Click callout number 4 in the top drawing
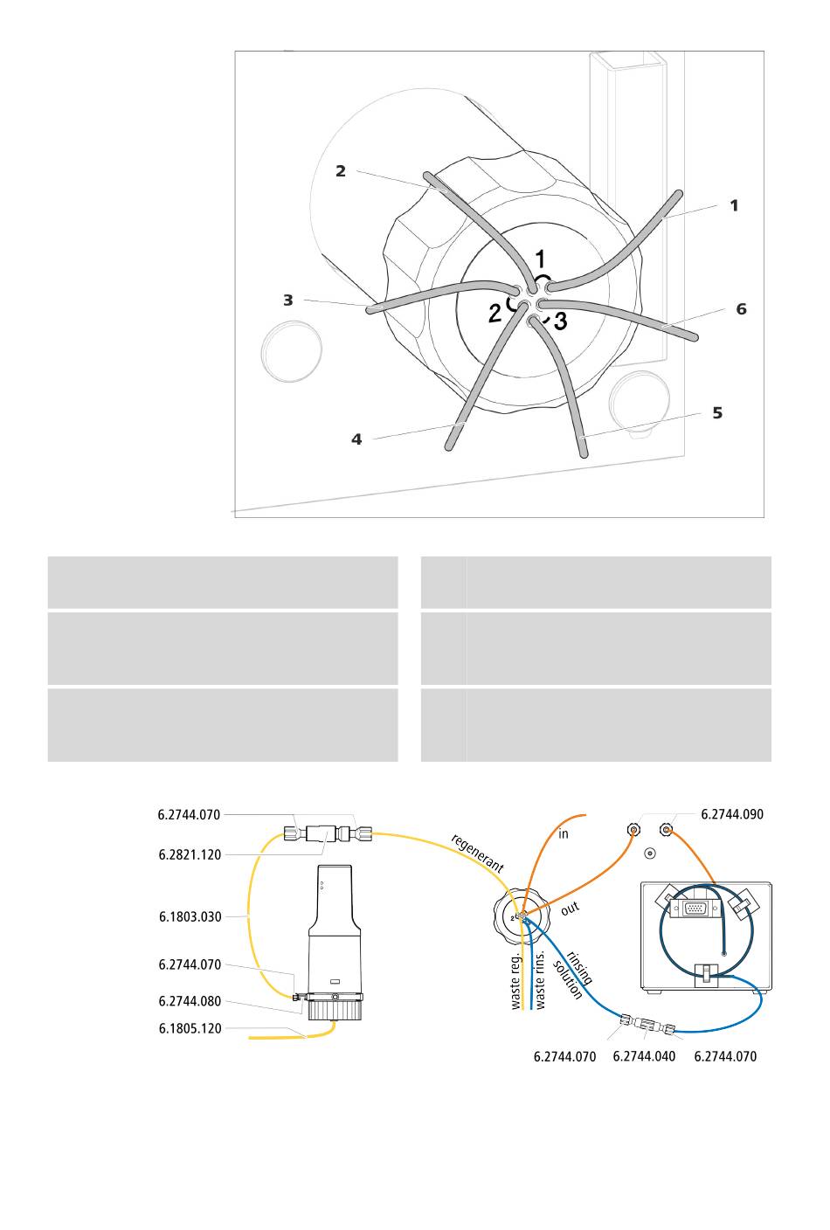[x=356, y=439]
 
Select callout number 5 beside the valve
[x=717, y=413]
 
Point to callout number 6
[x=741, y=309]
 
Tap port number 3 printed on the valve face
[x=560, y=321]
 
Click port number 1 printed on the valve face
[x=541, y=259]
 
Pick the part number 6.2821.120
[x=190, y=855]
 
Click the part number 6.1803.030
[x=190, y=917]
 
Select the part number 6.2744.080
[x=190, y=1002]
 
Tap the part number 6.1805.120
[x=190, y=1029]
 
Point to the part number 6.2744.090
[x=732, y=815]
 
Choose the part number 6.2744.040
[x=644, y=1057]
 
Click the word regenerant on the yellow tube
[x=477, y=854]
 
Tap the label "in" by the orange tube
[x=564, y=834]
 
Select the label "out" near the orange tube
[x=570, y=909]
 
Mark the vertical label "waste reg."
[x=515, y=980]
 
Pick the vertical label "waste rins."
[x=540, y=980]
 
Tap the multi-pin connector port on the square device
[x=695, y=909]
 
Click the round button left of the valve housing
[x=291, y=351]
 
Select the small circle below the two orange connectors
[x=649, y=853]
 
